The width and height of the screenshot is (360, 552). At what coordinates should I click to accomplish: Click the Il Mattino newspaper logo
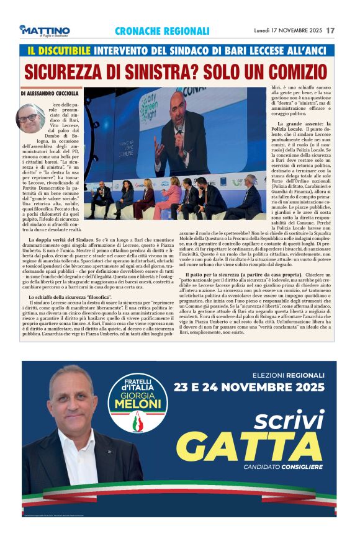(x=46, y=31)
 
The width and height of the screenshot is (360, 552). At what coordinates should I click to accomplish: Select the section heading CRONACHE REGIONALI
(x=162, y=31)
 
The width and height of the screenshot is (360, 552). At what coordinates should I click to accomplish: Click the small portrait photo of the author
(x=30, y=117)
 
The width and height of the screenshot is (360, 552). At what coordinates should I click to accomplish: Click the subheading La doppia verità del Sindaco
(x=60, y=239)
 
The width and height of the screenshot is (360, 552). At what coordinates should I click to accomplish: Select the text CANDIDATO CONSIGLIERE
(x=284, y=466)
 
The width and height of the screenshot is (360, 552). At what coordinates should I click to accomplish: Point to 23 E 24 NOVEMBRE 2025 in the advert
(x=249, y=388)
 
